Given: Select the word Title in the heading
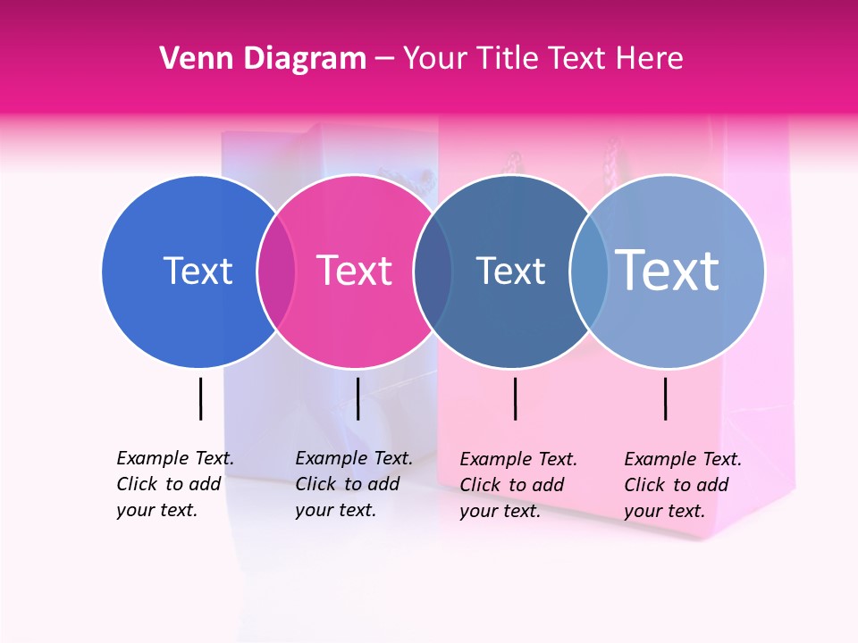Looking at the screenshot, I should [x=507, y=59].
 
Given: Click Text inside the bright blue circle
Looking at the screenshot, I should [x=198, y=271].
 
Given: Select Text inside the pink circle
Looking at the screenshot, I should [x=355, y=271].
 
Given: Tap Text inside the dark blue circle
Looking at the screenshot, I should [x=510, y=271].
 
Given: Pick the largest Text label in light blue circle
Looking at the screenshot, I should [x=668, y=271].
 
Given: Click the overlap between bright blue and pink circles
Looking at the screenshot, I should [x=276, y=271].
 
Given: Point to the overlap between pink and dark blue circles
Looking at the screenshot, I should [x=433, y=271].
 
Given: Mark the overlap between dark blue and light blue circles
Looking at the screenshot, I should [x=589, y=271].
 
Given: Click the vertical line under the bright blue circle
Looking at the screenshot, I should [x=200, y=398].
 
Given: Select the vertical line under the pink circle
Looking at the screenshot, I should [x=357, y=398].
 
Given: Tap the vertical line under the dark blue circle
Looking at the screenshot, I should [x=516, y=398].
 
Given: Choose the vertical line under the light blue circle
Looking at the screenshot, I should [x=665, y=398].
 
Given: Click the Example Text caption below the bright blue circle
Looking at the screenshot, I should [x=175, y=484].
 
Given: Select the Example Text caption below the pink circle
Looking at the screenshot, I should [x=354, y=484].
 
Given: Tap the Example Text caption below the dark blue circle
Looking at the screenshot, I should [x=518, y=485].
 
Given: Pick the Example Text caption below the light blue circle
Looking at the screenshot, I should [x=683, y=485].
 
